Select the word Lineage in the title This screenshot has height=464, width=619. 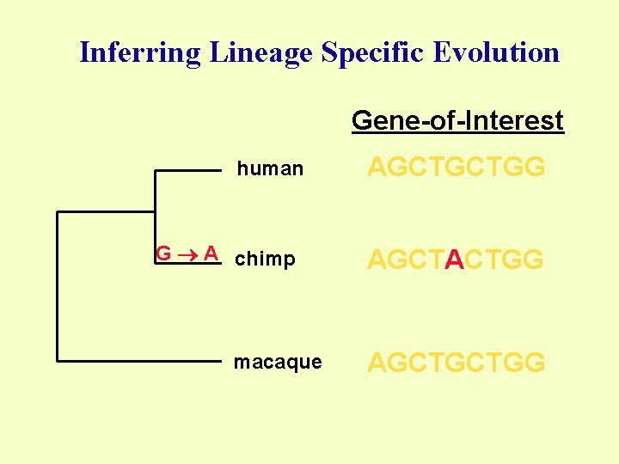tap(259, 53)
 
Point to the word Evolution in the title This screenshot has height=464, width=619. tap(497, 52)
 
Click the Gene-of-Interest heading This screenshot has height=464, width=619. tap(457, 121)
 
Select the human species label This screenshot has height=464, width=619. tap(270, 169)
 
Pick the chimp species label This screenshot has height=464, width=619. tap(265, 259)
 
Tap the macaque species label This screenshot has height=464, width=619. tap(278, 363)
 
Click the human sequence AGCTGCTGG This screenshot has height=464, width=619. tap(456, 168)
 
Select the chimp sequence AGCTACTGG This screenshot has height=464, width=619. tap(456, 259)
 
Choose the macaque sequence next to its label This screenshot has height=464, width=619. tap(456, 363)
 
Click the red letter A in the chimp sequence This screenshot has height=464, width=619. tap(455, 259)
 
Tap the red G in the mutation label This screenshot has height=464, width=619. tap(162, 253)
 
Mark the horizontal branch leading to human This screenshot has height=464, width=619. tap(187, 171)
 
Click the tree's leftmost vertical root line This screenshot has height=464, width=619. tap(58, 285)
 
